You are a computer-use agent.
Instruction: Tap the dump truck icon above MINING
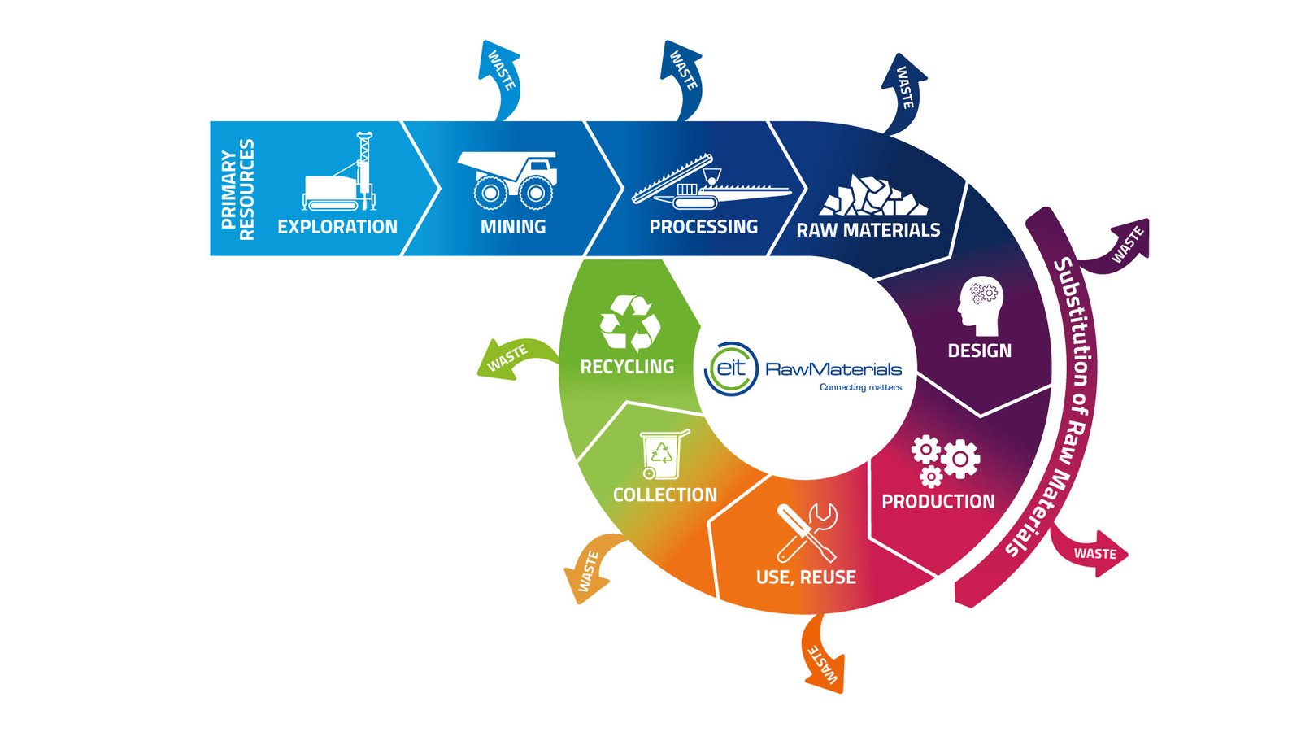pyautogui.click(x=507, y=180)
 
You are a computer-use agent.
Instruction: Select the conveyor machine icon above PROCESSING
pyautogui.click(x=711, y=181)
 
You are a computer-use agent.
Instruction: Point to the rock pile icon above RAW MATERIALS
pyautogui.click(x=873, y=195)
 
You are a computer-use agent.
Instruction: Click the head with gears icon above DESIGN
pyautogui.click(x=981, y=306)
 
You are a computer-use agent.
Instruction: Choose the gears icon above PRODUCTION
pyautogui.click(x=945, y=460)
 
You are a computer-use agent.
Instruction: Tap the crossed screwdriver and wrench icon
pyautogui.click(x=807, y=533)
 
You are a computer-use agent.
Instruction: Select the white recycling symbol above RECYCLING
pyautogui.click(x=629, y=323)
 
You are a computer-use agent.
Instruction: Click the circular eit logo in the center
pyautogui.click(x=731, y=368)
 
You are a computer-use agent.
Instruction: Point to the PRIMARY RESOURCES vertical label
pyautogui.click(x=237, y=190)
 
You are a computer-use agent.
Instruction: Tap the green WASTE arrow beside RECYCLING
pyautogui.click(x=517, y=359)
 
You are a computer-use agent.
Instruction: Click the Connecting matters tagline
pyautogui.click(x=861, y=387)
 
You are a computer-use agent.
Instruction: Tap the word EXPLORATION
pyautogui.click(x=337, y=227)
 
